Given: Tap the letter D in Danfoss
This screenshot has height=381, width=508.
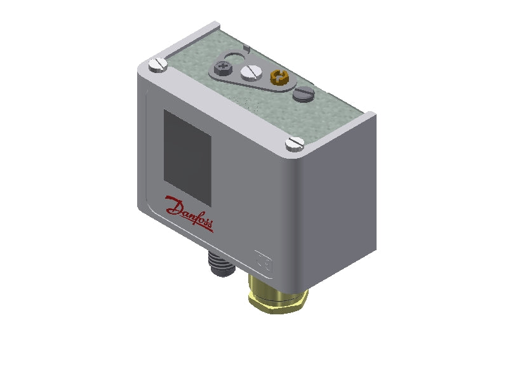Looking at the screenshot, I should tap(173, 206).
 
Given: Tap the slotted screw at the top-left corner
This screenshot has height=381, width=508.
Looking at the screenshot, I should tap(157, 63).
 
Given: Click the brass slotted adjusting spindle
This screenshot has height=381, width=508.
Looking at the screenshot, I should tap(278, 79).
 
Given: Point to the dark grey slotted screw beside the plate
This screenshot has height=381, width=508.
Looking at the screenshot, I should tap(304, 95).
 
